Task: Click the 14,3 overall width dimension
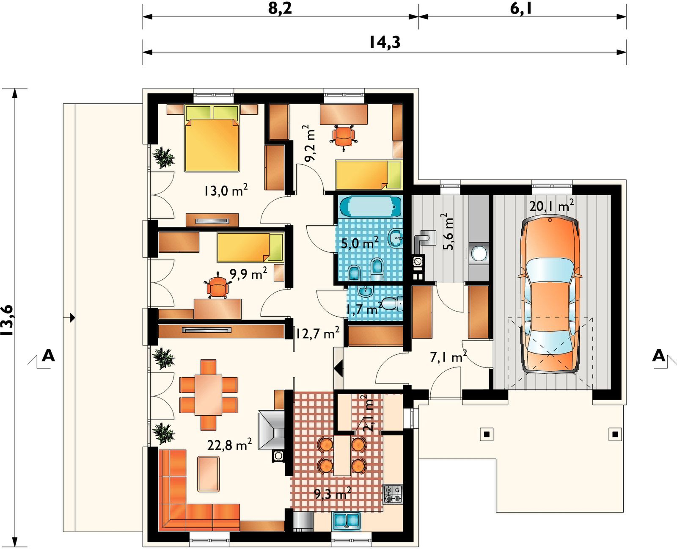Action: [x=385, y=42]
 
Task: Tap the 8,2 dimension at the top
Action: [x=280, y=8]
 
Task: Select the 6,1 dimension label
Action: [x=521, y=8]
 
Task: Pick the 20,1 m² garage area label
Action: [x=551, y=206]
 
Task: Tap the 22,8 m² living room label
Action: [x=229, y=444]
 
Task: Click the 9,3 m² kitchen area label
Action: [x=333, y=494]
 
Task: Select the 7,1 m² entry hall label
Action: [x=449, y=357]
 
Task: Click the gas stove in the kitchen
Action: [x=393, y=494]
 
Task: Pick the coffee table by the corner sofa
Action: [x=209, y=474]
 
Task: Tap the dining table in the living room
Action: [x=209, y=395]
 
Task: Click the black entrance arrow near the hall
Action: [x=338, y=369]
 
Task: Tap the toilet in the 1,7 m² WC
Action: [x=393, y=304]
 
